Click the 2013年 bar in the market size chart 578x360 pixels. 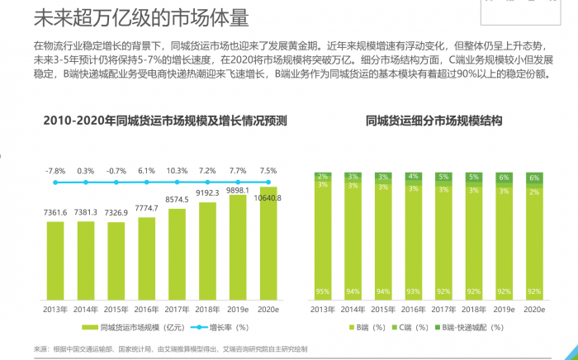55,258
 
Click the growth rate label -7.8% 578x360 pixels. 55,170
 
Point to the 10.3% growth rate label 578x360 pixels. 178,170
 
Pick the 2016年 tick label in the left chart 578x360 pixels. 147,310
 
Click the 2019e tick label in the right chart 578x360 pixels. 504,310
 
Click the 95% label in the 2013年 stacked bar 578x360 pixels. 322,291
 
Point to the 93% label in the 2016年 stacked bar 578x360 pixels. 413,291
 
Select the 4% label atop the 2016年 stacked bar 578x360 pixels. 413,176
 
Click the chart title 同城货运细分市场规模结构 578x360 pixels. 434,121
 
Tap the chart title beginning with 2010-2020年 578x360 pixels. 165,121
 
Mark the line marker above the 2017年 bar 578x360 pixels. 178,182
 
